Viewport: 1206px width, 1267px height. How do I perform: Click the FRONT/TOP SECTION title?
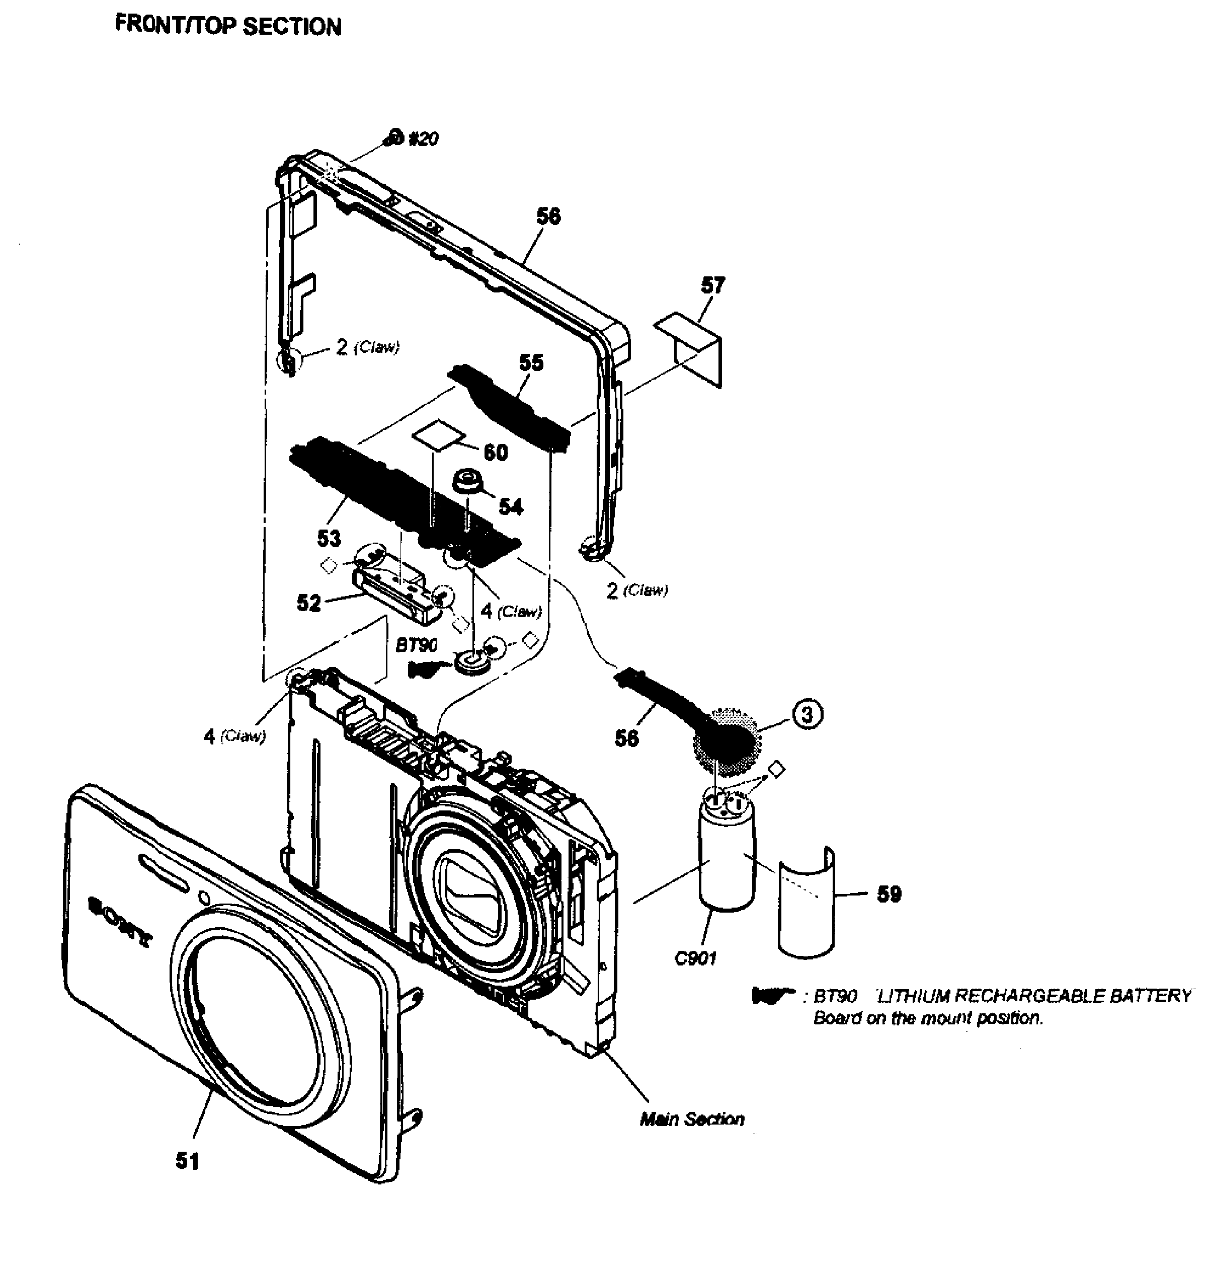pos(228,26)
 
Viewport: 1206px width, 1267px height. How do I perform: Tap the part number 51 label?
pos(188,1161)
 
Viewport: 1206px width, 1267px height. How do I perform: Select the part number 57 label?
pos(712,285)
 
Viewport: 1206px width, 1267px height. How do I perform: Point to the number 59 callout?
pos(889,894)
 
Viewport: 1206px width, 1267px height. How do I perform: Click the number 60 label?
pos(495,453)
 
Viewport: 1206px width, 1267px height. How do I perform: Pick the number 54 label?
pos(511,507)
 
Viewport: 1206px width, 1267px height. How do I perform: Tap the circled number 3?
pos(808,714)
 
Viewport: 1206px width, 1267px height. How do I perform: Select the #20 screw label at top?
pos(423,138)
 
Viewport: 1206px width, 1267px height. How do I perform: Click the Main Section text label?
pos(692,1119)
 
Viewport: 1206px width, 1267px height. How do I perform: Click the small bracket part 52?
pos(398,588)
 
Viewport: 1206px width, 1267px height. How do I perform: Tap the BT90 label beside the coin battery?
pos(417,645)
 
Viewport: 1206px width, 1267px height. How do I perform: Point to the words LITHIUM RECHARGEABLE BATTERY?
pos(1034,997)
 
